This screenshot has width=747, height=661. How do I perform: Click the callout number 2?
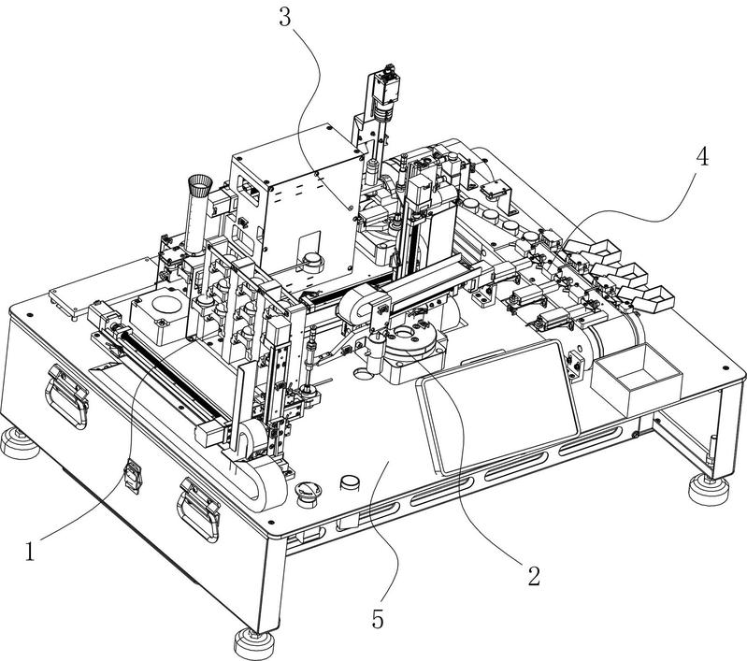pyautogui.click(x=534, y=575)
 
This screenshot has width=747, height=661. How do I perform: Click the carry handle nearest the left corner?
pyautogui.click(x=67, y=395)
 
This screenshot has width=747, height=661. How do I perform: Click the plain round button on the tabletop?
pyautogui.click(x=351, y=483)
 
